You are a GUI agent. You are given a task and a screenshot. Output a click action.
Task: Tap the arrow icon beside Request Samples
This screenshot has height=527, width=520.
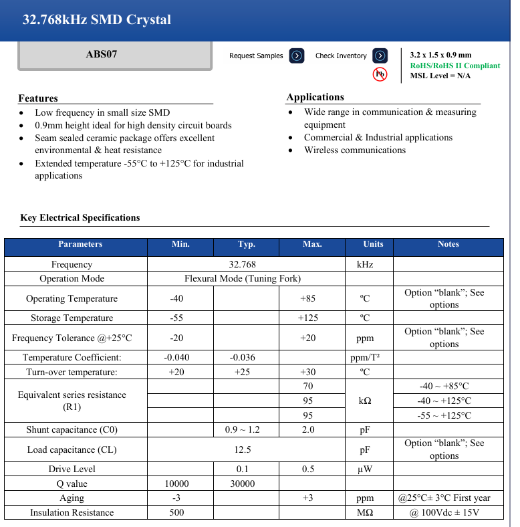point(297,56)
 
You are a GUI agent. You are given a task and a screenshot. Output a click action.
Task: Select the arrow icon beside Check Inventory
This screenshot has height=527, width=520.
point(380,56)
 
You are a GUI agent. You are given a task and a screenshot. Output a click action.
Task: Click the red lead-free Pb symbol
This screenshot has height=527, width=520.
point(380,74)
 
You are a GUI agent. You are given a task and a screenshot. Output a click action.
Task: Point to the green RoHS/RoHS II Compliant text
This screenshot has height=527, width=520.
point(454,66)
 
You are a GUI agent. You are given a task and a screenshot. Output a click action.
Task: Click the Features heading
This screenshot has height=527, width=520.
point(38,98)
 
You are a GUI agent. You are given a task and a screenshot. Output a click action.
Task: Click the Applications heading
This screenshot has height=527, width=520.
point(315,97)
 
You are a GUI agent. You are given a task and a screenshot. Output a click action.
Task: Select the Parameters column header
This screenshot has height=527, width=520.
point(80,245)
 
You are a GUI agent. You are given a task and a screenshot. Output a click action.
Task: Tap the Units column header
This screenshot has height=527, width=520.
point(373,245)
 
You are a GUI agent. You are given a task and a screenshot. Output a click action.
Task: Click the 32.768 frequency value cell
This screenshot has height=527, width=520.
point(242,264)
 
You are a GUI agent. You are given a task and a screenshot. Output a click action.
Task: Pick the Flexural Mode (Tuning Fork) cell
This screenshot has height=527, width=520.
point(242,278)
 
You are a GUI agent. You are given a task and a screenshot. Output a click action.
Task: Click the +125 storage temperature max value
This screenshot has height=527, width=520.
point(307,318)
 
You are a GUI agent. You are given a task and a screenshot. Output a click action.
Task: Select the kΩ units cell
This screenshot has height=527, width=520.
point(365,401)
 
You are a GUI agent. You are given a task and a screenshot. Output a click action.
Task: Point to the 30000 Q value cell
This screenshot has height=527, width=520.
point(242,484)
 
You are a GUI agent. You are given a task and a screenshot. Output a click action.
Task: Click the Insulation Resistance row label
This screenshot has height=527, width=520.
point(72,513)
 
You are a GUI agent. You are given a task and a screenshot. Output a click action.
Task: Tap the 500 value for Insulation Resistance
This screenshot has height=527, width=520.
point(176,513)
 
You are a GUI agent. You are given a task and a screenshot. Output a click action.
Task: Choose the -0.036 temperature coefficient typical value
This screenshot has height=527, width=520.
point(242,357)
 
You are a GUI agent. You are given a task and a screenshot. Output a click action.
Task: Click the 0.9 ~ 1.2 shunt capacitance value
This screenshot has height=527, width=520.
point(242,430)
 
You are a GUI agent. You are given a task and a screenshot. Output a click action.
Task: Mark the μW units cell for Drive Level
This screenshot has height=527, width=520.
point(365,469)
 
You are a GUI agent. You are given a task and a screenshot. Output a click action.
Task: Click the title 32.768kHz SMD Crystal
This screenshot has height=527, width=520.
point(97,20)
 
